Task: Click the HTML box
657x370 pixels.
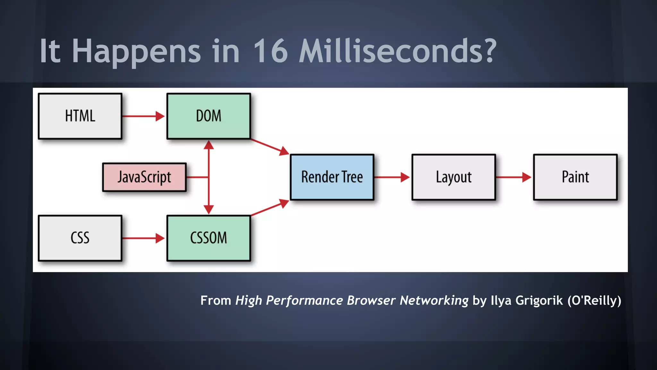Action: click(80, 116)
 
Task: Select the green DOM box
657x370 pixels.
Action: click(209, 116)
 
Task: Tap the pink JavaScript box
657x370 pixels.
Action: click(144, 177)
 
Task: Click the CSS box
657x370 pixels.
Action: click(80, 238)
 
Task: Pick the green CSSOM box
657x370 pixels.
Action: click(209, 238)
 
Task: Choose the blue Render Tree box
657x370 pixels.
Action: click(332, 177)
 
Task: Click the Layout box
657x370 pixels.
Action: click(454, 177)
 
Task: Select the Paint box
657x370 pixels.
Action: click(575, 177)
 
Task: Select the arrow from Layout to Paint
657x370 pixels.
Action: click(514, 177)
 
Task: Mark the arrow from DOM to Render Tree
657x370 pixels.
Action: click(269, 146)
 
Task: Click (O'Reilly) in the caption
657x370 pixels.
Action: click(594, 301)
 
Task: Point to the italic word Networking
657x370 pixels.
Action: click(434, 301)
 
